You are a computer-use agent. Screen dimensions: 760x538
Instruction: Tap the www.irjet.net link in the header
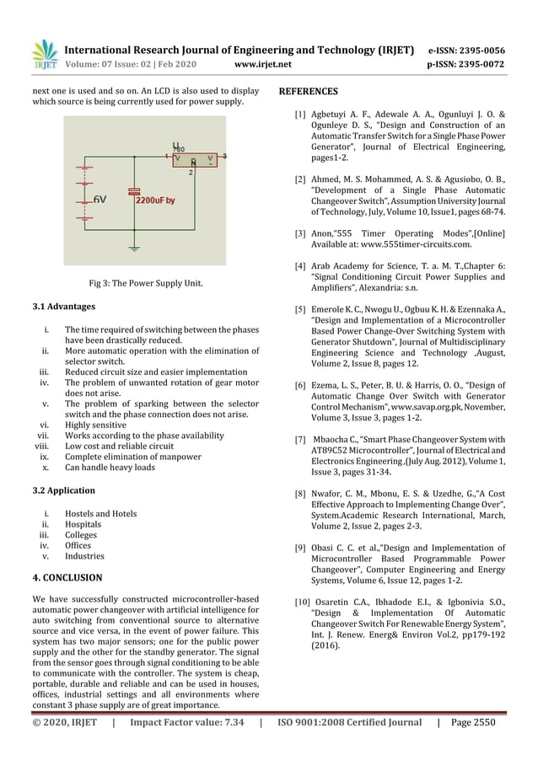click(x=265, y=64)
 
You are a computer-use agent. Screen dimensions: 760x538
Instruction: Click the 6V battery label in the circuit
click(x=100, y=200)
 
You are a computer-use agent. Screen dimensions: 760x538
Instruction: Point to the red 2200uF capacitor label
click(x=154, y=201)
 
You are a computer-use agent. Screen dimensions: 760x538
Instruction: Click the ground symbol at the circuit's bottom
click(x=134, y=248)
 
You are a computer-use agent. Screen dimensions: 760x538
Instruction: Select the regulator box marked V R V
click(x=194, y=159)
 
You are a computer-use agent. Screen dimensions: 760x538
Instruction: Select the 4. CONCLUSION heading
click(x=67, y=578)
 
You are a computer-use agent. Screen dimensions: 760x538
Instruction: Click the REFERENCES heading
click(x=308, y=91)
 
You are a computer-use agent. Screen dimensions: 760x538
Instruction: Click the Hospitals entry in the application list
click(x=83, y=524)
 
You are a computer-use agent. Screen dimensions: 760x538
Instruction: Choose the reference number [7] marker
click(x=299, y=440)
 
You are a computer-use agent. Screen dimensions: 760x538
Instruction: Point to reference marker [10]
click(x=301, y=602)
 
